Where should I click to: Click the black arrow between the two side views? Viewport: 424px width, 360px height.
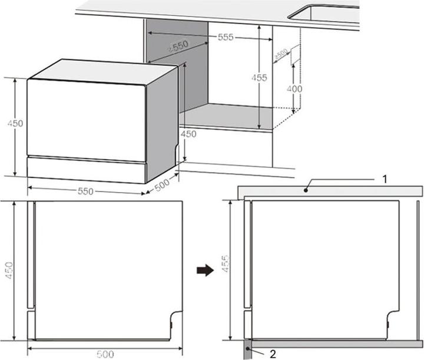(204, 270)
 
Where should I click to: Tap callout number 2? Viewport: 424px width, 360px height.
(272, 354)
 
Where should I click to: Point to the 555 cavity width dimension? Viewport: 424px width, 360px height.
(226, 37)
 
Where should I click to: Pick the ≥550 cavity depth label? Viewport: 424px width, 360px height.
(177, 47)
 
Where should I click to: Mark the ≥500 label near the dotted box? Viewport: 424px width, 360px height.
(280, 55)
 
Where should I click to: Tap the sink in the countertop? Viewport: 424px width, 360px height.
(327, 15)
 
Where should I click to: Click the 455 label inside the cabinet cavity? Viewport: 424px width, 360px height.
(259, 77)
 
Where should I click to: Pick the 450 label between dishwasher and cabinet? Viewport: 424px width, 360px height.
(188, 134)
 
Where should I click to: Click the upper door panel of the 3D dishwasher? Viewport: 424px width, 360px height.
(85, 118)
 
